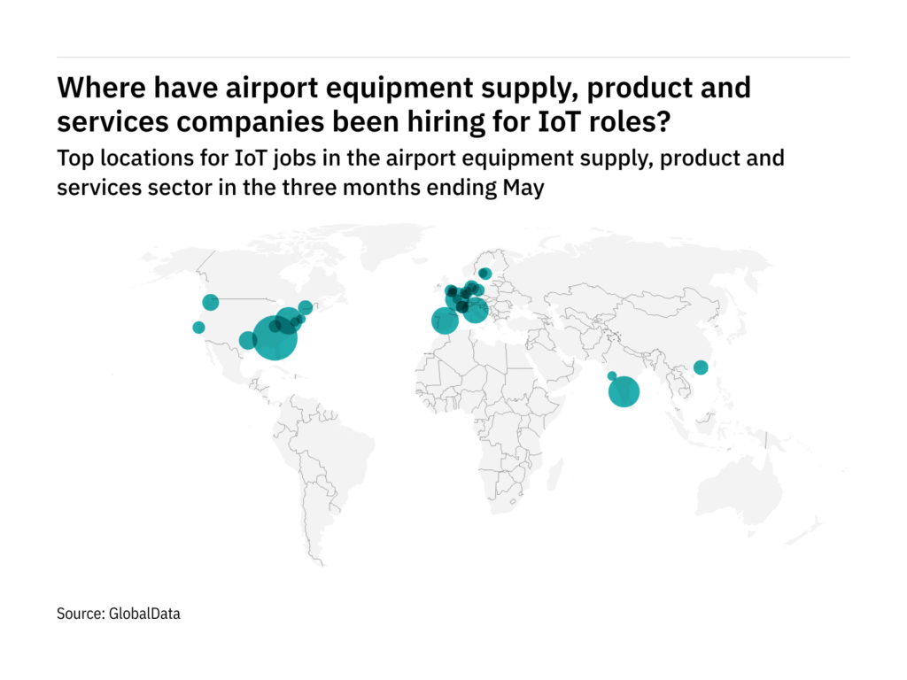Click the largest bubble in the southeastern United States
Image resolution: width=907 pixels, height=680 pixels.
tap(275, 338)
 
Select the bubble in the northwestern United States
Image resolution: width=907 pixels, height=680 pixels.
tap(211, 302)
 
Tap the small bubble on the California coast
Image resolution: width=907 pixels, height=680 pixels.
tap(198, 328)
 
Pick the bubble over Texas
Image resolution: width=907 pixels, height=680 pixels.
tap(248, 340)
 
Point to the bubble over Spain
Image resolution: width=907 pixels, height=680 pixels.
tap(445, 320)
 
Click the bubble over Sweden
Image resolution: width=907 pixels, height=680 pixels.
tap(485, 273)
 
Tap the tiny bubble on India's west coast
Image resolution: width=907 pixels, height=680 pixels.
tap(611, 375)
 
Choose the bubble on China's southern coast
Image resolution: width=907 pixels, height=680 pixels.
tap(701, 367)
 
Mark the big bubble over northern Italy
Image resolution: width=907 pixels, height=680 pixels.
tap(476, 310)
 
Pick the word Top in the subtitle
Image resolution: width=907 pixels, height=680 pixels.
tap(71, 159)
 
